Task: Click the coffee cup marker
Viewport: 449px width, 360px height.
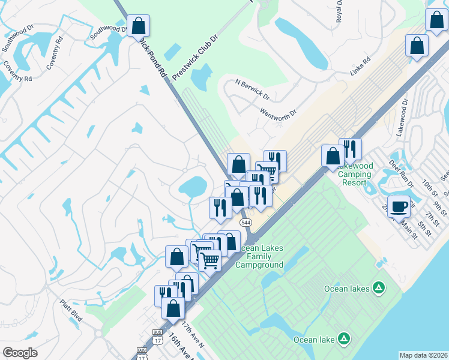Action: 399,208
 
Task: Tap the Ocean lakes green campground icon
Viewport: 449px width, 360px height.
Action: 379,288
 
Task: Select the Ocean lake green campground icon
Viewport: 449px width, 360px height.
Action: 343,340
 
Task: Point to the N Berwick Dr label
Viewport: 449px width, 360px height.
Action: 253,89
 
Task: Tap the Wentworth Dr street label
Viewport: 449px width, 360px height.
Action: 279,112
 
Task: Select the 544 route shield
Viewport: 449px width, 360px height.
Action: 245,223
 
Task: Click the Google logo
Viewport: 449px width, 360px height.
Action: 20,352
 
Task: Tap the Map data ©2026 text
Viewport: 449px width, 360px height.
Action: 424,355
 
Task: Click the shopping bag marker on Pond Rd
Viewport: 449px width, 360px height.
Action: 138,27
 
